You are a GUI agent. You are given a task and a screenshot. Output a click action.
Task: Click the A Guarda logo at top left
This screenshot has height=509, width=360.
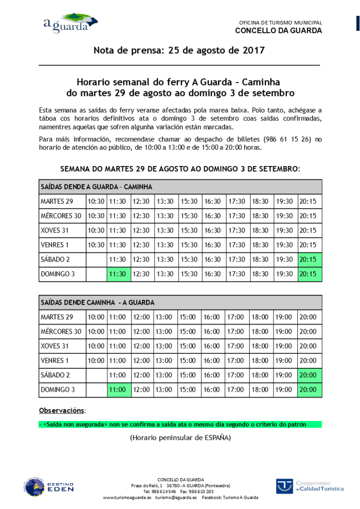point(70,23)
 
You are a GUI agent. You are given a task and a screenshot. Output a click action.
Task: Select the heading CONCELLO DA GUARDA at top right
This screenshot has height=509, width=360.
point(278,31)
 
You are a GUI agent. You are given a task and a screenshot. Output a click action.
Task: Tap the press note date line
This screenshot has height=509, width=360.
point(179,50)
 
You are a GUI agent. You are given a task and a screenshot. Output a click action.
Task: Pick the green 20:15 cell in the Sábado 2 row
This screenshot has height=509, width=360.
point(310,259)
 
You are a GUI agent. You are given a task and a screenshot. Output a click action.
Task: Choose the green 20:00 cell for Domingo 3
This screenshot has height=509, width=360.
point(310,390)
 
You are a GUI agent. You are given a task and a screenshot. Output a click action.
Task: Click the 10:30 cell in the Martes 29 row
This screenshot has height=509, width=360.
point(96,201)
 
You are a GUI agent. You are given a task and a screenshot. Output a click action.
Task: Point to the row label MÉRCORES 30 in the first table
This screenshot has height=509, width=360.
point(61,216)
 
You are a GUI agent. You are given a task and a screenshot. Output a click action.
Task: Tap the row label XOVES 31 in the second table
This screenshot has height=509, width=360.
point(55,346)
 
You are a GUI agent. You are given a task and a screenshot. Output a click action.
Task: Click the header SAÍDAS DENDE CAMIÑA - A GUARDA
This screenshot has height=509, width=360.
point(97,302)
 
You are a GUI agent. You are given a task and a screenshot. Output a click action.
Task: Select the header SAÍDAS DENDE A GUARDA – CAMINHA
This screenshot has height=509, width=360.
point(96,187)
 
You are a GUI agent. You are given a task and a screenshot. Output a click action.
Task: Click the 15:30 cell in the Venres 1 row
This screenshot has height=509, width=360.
point(189,245)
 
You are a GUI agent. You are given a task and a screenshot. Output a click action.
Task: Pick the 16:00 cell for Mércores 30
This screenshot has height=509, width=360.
point(212,332)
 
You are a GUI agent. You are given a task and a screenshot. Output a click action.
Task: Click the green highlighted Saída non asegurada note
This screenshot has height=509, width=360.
point(180,424)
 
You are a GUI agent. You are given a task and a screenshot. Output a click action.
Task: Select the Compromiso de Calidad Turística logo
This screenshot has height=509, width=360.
point(310,486)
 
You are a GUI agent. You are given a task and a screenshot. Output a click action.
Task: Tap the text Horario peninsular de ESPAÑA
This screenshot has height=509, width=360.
point(180,438)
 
